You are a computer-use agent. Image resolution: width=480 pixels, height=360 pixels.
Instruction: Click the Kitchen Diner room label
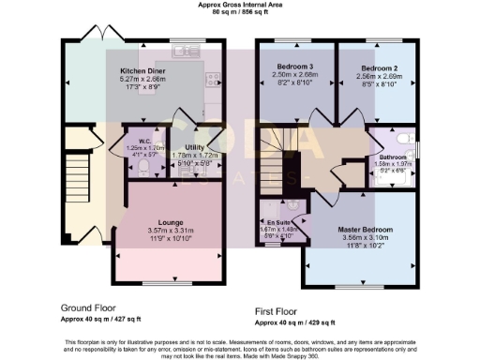point(142,70)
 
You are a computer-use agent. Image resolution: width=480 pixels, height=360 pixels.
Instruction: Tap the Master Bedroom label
point(365,230)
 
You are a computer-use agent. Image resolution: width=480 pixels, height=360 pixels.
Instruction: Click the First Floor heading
point(284,310)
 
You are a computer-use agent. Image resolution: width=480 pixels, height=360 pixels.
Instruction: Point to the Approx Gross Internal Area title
point(241,5)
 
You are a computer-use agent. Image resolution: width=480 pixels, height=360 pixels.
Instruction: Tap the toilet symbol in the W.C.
point(142,169)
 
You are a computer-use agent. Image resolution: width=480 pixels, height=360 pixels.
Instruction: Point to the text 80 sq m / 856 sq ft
point(241,13)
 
